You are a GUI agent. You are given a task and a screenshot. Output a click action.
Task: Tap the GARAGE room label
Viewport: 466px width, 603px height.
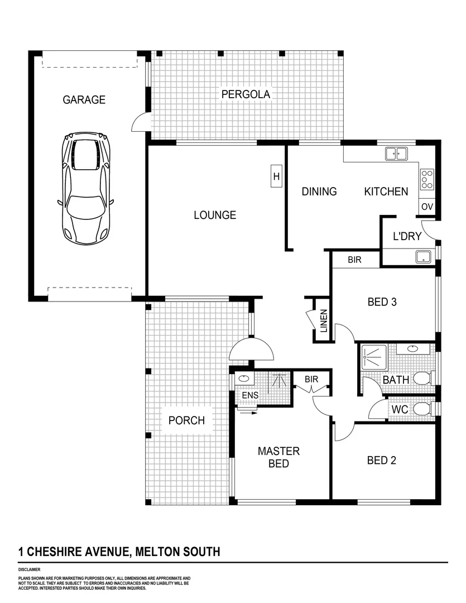click(84, 100)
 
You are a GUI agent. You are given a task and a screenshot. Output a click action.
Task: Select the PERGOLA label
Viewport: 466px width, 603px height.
click(246, 94)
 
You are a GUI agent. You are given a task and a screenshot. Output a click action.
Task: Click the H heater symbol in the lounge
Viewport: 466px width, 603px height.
click(276, 177)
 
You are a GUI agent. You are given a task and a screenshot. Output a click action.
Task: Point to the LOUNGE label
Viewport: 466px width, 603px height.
click(215, 215)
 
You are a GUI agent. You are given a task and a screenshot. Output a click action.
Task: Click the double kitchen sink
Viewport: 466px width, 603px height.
click(396, 152)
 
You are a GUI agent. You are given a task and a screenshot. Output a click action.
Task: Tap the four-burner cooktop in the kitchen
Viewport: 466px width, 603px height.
click(427, 179)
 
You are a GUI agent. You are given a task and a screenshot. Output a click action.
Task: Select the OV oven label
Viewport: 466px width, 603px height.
click(427, 207)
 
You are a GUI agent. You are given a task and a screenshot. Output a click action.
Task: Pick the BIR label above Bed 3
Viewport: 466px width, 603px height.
click(355, 260)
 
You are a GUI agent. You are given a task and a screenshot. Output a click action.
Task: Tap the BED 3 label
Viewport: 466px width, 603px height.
click(382, 302)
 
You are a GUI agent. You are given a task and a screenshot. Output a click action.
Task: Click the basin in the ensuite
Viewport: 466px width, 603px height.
click(243, 379)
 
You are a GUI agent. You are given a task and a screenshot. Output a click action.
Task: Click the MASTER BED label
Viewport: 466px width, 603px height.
click(278, 457)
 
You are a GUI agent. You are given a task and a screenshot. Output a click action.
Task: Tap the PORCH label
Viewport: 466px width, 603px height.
click(186, 420)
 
